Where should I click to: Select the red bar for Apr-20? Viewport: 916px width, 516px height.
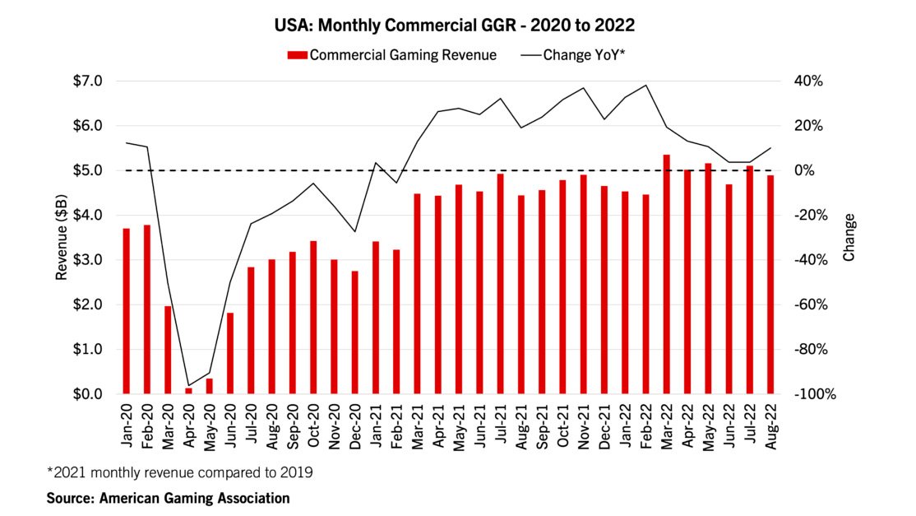click(188, 391)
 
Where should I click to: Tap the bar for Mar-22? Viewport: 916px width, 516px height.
click(666, 274)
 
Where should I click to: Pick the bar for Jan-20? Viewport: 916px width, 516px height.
click(127, 311)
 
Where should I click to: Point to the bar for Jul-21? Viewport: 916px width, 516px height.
click(500, 284)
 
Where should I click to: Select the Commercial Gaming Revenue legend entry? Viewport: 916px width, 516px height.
click(391, 55)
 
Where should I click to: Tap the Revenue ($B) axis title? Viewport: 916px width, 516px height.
click(62, 238)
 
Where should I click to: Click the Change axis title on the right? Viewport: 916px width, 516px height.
click(849, 238)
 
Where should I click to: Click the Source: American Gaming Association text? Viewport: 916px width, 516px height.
click(169, 498)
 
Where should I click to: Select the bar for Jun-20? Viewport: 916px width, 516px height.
click(230, 353)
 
